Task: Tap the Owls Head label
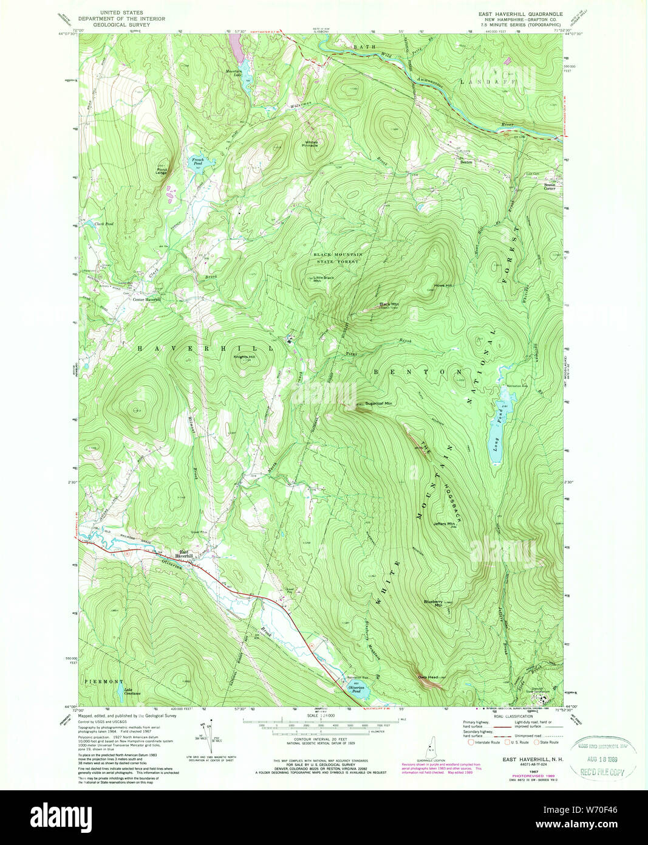click(x=428, y=677)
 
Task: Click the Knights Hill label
click(x=245, y=357)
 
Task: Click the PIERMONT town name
click(x=104, y=681)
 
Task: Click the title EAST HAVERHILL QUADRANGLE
click(x=523, y=12)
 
